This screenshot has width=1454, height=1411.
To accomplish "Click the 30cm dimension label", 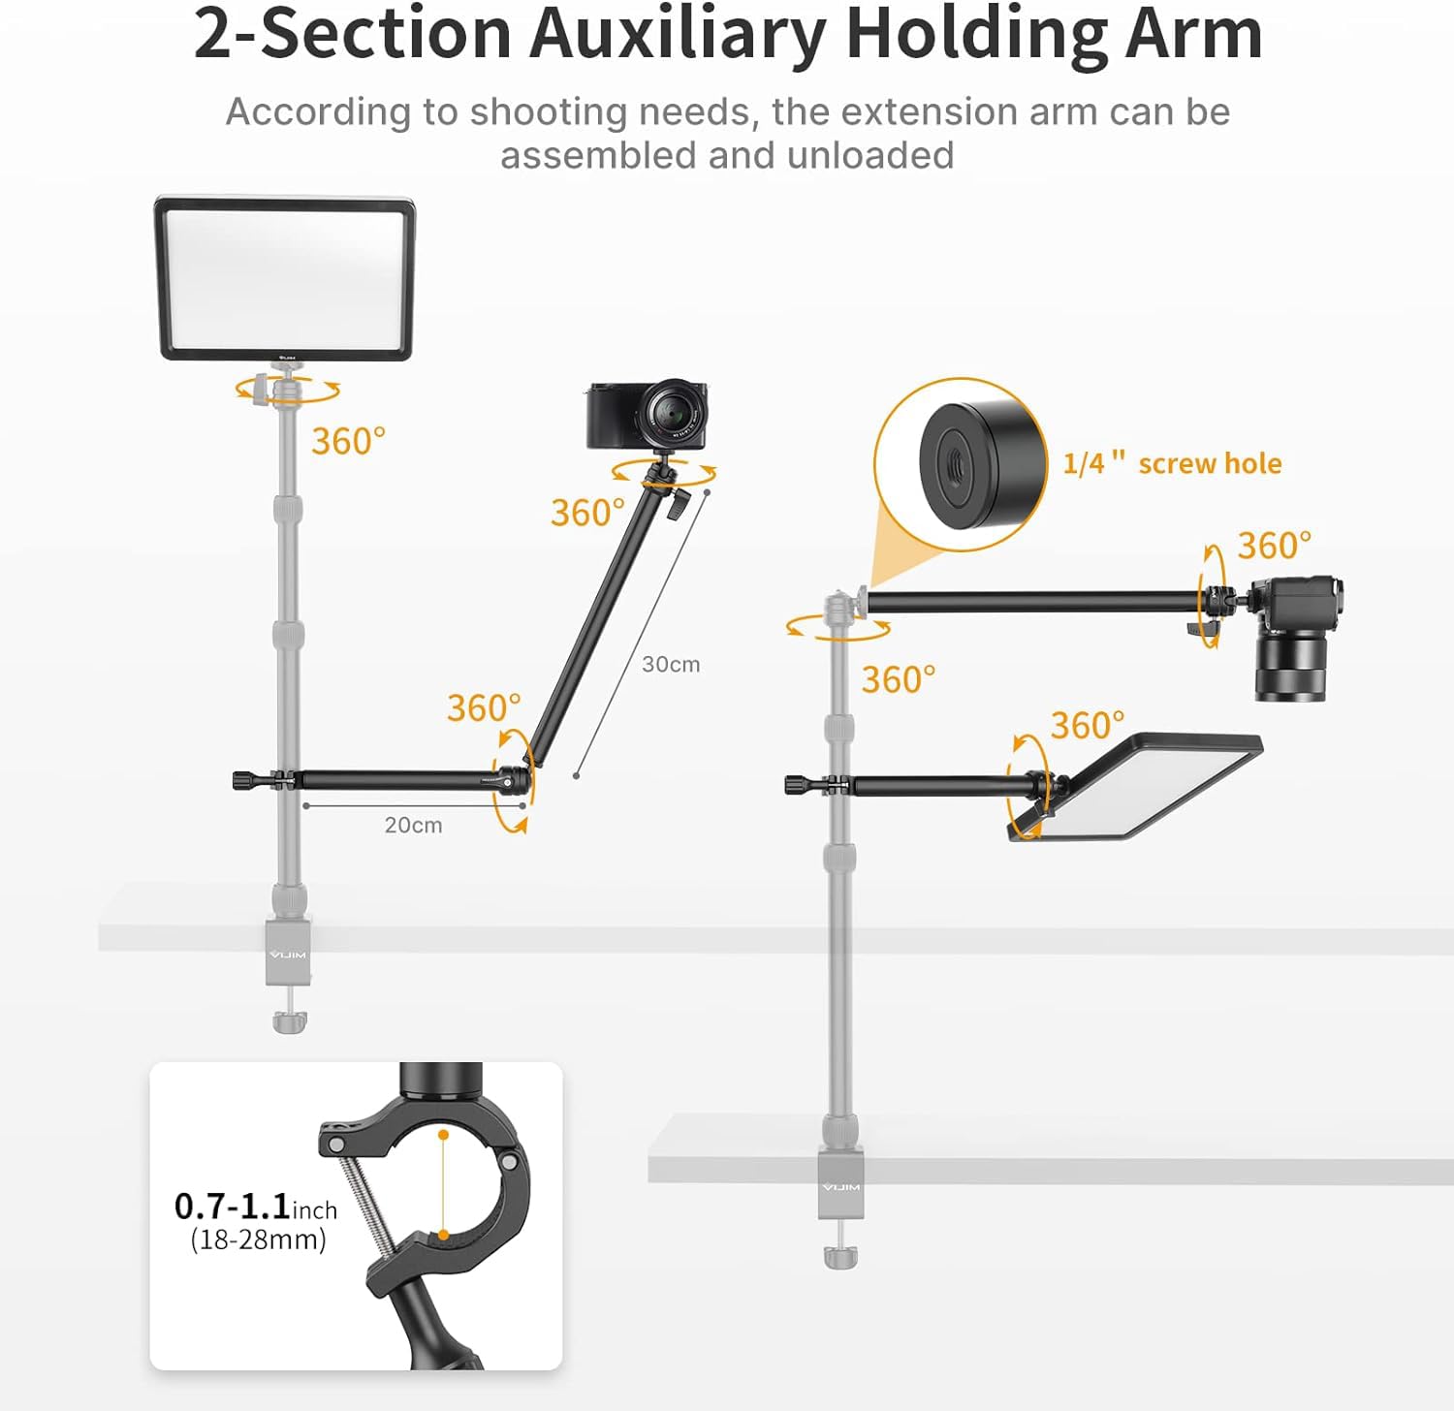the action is [x=671, y=665].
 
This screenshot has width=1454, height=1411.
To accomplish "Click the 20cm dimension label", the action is [x=413, y=826].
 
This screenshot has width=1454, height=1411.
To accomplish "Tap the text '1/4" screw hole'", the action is [x=1172, y=463].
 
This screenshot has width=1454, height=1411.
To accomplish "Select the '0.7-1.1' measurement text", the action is [x=233, y=1207].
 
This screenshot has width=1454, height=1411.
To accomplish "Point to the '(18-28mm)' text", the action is [x=258, y=1239].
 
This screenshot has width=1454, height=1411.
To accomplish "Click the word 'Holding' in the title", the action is [x=976, y=35].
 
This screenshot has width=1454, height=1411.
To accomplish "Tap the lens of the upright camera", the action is [x=671, y=415].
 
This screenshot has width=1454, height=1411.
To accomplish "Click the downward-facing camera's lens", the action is [x=1290, y=669].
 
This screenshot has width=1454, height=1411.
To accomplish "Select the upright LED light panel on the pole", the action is [x=285, y=279].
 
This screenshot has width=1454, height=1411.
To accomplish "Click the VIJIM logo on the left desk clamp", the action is [x=288, y=955].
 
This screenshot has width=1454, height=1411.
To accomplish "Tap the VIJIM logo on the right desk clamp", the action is [x=840, y=1187].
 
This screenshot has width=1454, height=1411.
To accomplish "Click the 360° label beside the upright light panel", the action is [x=348, y=442].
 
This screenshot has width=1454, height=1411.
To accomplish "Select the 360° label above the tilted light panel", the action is [x=1088, y=725].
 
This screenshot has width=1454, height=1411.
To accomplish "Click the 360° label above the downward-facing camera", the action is [x=1274, y=546].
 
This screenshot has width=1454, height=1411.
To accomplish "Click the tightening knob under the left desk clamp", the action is [x=289, y=1021].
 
